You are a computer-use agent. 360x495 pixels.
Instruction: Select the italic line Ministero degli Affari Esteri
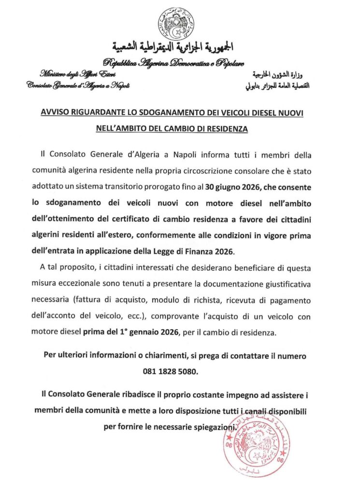(x=71, y=74)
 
